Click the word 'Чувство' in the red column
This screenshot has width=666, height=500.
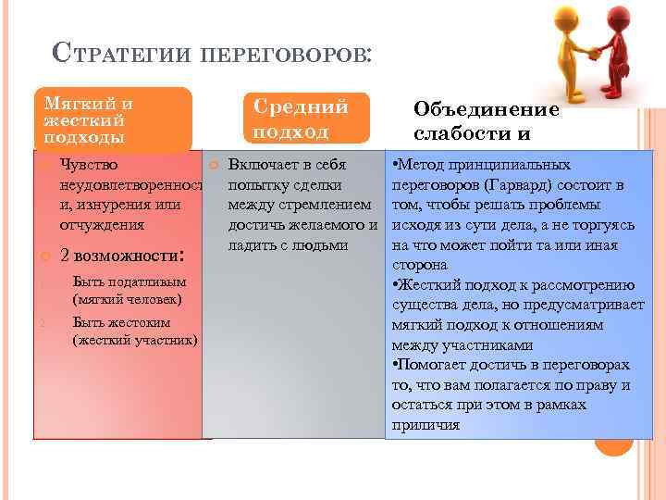[x=88, y=165]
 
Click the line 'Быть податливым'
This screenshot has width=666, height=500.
[x=129, y=282]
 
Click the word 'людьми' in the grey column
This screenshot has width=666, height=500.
[x=317, y=244]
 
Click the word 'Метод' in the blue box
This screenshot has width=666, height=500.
[x=424, y=165]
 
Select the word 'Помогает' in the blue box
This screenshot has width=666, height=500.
[x=430, y=365]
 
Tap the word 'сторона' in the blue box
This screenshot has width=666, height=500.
[x=420, y=265]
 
